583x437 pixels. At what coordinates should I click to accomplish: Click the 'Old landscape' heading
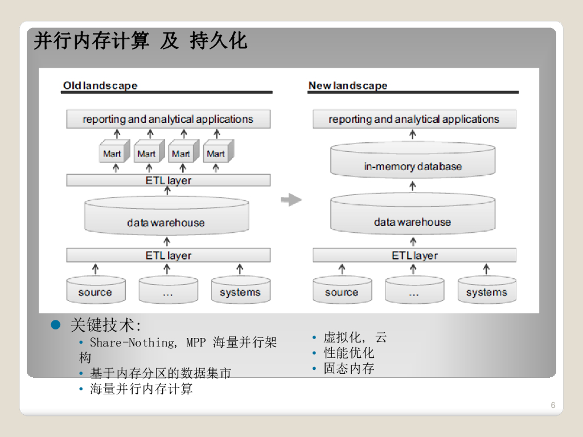[x=100, y=86]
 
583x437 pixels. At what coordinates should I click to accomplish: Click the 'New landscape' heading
[x=347, y=86]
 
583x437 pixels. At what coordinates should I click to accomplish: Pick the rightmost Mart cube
[x=216, y=152]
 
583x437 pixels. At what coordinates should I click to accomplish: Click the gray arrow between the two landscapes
[x=291, y=200]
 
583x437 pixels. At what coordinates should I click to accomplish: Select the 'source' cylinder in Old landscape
[x=95, y=290]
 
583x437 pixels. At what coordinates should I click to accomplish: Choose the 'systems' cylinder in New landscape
[x=487, y=290]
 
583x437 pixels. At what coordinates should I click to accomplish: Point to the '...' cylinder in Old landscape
[x=167, y=290]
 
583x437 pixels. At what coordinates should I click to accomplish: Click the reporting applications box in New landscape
[x=414, y=119]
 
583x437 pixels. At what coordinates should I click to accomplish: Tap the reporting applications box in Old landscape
[x=168, y=119]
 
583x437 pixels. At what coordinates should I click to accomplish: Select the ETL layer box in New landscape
[x=414, y=255]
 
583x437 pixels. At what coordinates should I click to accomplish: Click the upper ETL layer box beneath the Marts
[x=168, y=180]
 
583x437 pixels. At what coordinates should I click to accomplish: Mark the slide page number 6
[x=553, y=406]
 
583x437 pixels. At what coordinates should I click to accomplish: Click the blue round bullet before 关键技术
[x=56, y=325]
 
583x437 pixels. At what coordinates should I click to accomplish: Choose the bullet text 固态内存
[x=349, y=368]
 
